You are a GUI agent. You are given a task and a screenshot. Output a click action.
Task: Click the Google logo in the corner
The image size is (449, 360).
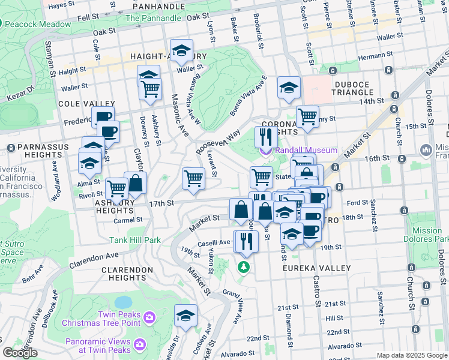[20, 353]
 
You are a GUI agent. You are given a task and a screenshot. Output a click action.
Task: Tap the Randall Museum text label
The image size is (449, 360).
[306, 150]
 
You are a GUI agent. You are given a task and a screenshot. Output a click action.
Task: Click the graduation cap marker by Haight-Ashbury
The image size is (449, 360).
[181, 51]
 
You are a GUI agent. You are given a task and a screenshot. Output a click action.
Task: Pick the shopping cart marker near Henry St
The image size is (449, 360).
[307, 116]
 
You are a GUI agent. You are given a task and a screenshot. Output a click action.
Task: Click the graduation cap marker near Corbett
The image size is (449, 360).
[185, 315]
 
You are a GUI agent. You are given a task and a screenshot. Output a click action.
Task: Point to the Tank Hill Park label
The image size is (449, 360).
[135, 240]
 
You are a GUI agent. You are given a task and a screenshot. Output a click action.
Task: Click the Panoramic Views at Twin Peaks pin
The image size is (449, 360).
[140, 344]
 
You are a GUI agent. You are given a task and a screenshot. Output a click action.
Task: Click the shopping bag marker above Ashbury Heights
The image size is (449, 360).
[136, 183]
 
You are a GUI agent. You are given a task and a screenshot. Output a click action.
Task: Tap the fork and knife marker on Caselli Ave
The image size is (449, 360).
[247, 241]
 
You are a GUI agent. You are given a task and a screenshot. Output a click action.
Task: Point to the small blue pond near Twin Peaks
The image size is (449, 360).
[123, 301]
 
